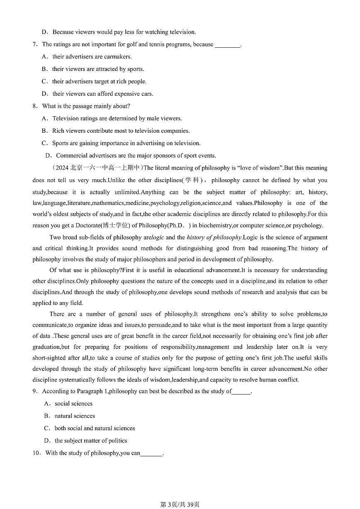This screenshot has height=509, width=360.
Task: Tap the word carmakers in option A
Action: pyautogui.click(x=119, y=57)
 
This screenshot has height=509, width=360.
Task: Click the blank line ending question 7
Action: pyautogui.click(x=228, y=45)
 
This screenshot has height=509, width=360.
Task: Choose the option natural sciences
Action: pyautogui.click(x=75, y=416)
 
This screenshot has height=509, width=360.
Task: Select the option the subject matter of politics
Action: pyautogui.click(x=91, y=441)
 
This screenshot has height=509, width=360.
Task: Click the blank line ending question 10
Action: pyautogui.click(x=152, y=454)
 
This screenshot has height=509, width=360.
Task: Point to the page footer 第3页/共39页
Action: pyautogui.click(x=180, y=504)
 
